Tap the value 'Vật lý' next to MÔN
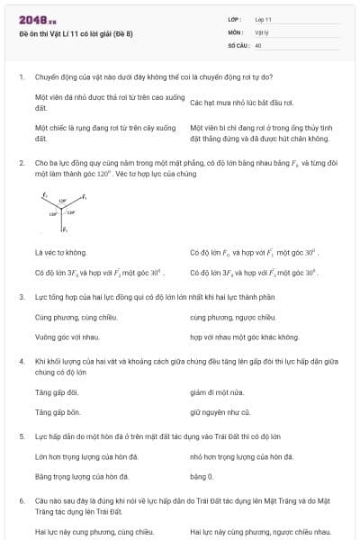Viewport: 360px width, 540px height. (x=262, y=31)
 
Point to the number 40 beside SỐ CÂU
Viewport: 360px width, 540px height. (x=258, y=44)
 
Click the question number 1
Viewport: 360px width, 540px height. (x=21, y=76)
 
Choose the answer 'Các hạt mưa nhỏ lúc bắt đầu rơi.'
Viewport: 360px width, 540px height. (x=241, y=103)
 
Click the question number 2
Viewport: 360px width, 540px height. (x=21, y=163)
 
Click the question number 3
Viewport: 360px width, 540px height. (x=21, y=296)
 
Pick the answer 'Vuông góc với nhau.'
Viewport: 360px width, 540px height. (x=67, y=337)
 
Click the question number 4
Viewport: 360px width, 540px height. (x=21, y=361)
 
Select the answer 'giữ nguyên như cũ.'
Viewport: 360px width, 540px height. (x=219, y=411)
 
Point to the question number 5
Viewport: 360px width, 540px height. (x=21, y=436)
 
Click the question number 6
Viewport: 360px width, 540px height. (x=21, y=500)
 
